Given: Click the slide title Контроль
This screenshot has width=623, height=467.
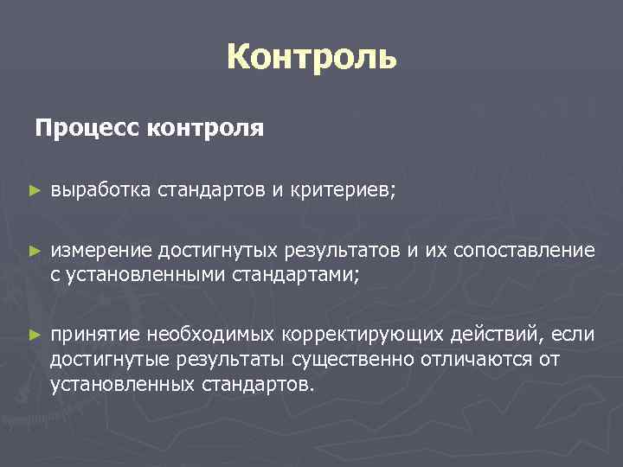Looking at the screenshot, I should click(x=311, y=58).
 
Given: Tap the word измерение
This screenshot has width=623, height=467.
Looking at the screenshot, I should click(x=101, y=251).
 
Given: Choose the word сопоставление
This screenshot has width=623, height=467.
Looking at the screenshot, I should click(x=530, y=251).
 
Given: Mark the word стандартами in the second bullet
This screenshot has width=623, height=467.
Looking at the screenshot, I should click(x=295, y=274).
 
